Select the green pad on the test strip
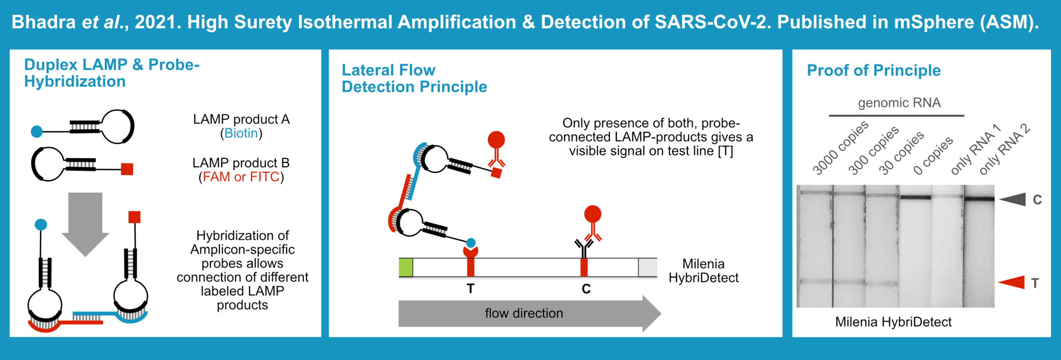click(406, 267)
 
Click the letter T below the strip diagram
click(471, 288)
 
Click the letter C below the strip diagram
click(586, 289)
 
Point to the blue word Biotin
click(241, 133)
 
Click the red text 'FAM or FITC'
click(241, 177)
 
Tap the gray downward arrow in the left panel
click(85, 222)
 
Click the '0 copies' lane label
click(933, 156)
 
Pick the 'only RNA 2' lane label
click(1004, 149)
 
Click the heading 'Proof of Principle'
click(874, 70)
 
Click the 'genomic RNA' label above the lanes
click(899, 103)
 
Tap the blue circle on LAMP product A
click(37, 132)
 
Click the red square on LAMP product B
click(127, 169)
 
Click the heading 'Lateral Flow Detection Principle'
click(414, 78)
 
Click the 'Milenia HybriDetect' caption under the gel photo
click(893, 322)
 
